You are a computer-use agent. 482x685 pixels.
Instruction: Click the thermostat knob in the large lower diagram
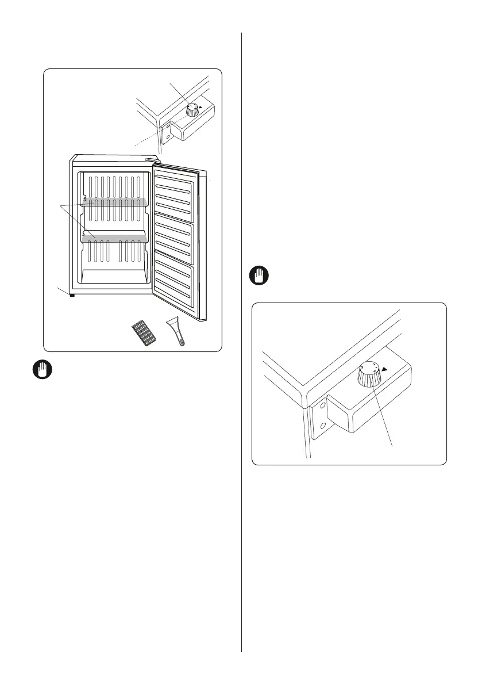tap(367, 375)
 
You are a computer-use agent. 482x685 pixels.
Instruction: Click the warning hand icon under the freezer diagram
tap(38, 370)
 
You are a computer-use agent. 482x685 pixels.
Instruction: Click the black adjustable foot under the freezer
tap(72, 296)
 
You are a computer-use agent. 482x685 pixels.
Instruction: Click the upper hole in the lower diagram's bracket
tap(323, 406)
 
